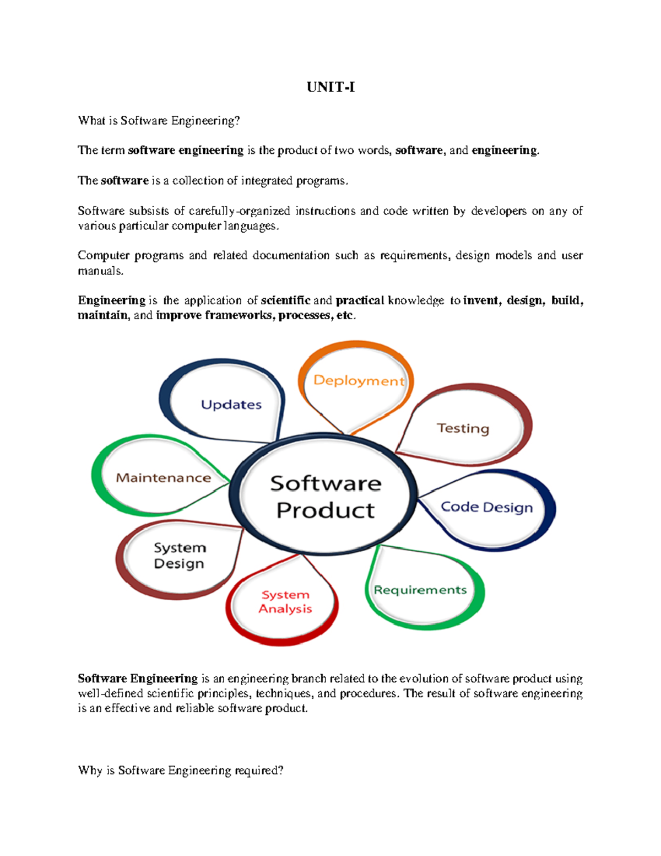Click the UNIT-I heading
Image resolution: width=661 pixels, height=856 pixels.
[x=330, y=87]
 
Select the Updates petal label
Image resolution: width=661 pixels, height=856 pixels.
[x=231, y=405]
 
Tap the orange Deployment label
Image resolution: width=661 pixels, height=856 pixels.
[x=359, y=381]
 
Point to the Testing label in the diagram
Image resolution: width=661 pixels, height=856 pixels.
[x=463, y=428]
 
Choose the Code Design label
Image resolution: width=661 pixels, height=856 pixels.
[x=487, y=507]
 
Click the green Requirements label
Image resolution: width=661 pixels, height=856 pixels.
[x=420, y=590]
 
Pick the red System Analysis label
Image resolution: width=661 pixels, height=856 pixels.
[x=285, y=602]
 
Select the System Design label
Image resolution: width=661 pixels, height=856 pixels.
[x=180, y=556]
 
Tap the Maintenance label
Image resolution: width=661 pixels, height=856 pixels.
[x=164, y=478]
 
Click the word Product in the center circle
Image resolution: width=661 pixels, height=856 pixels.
[x=326, y=510]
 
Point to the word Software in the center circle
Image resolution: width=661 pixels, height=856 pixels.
[x=326, y=483]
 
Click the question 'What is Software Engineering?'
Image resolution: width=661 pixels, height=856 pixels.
[x=159, y=121]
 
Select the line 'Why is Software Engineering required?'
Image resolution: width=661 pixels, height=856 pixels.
[x=181, y=770]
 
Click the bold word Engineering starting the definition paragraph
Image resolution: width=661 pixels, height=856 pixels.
[x=111, y=300]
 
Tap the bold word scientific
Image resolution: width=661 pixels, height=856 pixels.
[x=285, y=300]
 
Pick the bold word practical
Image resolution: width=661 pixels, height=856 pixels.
[x=360, y=300]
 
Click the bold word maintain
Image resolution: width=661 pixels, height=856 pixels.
[x=102, y=315]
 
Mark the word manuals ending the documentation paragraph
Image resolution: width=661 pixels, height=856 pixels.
[x=100, y=271]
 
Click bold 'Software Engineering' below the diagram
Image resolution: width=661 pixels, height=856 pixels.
[x=138, y=679]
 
